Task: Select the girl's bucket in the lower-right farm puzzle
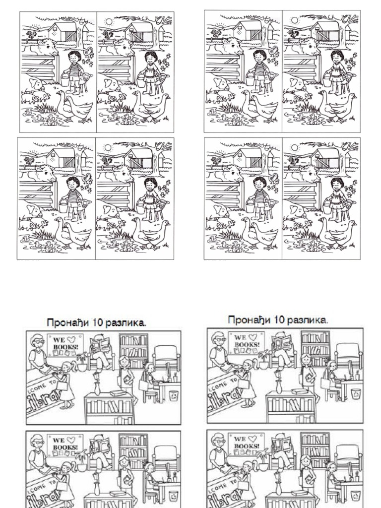coord(328,204)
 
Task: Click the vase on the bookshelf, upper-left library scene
coord(97,387)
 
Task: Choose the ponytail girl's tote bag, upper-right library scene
coord(325,383)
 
